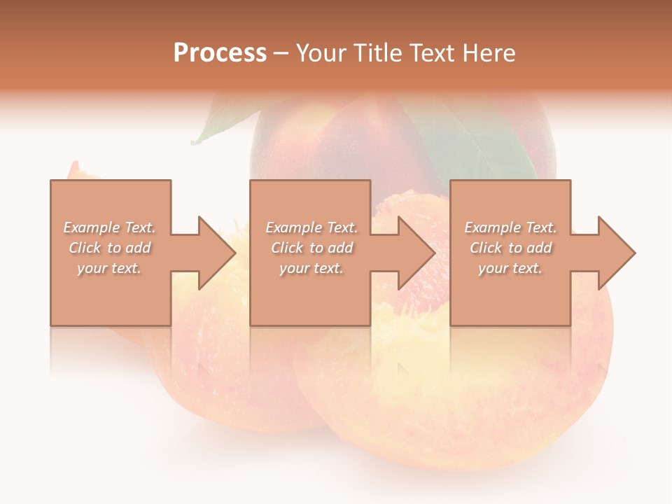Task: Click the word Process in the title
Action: click(220, 53)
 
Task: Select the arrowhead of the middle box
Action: click(416, 253)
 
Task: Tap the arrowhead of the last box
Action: click(615, 253)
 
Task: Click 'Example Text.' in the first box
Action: click(110, 227)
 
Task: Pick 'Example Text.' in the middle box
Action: click(311, 227)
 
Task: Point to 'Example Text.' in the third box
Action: click(510, 227)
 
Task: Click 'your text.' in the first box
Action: click(109, 268)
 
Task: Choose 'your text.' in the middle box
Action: click(311, 268)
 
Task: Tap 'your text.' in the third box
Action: click(510, 268)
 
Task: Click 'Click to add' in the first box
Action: click(110, 248)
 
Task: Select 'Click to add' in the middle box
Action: click(311, 248)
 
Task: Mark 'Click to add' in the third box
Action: click(510, 248)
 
